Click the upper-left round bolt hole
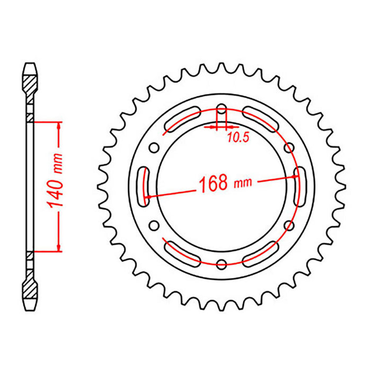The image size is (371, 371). [x=154, y=147]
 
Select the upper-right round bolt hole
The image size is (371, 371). [x=289, y=147]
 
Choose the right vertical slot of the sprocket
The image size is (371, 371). [x=299, y=185]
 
